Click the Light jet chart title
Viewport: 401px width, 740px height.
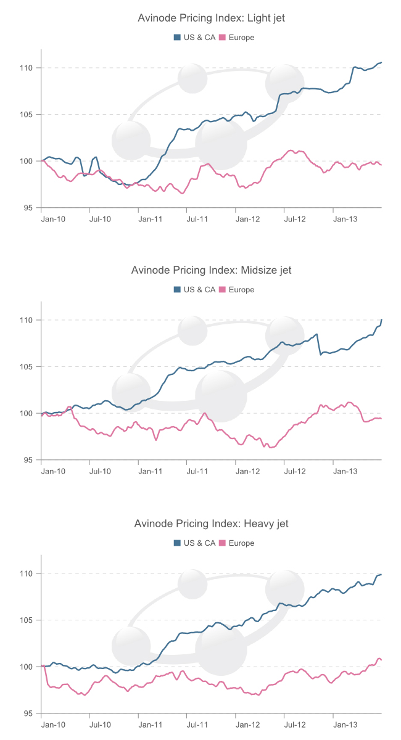[211, 18]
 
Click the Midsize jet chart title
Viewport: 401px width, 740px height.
[211, 271]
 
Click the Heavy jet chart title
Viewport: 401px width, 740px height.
[211, 524]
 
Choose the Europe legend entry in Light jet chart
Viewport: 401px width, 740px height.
[237, 37]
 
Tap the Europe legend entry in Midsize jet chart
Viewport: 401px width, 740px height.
[237, 289]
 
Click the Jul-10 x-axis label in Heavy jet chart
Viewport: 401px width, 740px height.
[101, 724]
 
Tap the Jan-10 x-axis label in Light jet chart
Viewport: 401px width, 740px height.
[52, 218]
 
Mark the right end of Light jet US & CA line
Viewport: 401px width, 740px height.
[381, 62]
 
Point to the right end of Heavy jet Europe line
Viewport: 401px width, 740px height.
[381, 660]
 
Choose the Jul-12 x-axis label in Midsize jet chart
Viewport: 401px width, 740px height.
[295, 471]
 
